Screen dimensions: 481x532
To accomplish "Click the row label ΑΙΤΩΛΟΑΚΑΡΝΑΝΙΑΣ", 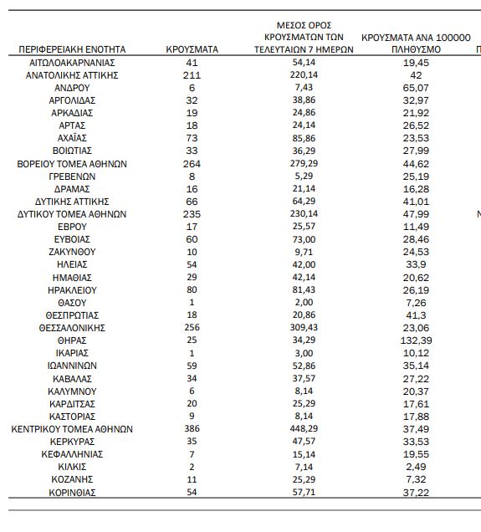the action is [x=72, y=63].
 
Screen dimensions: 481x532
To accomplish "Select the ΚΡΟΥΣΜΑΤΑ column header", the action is [x=192, y=49].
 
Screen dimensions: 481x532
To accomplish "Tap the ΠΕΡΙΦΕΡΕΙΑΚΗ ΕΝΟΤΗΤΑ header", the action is [x=72, y=49].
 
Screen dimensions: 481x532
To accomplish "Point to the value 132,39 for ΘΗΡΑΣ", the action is [x=416, y=340].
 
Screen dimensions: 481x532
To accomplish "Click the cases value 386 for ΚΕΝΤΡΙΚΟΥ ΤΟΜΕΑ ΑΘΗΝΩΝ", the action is [x=192, y=428].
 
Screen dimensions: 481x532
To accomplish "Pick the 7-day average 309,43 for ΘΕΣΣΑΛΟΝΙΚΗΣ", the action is [x=304, y=328].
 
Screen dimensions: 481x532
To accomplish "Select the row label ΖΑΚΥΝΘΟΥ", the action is [x=72, y=252].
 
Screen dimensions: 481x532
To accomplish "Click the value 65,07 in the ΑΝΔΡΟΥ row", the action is [x=416, y=88].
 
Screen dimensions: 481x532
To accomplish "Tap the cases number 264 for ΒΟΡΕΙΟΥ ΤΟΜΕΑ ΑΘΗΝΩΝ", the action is [x=192, y=164].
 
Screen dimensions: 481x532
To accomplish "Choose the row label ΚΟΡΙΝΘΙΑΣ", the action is [x=72, y=493].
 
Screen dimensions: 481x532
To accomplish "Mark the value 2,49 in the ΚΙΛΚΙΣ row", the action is [x=416, y=467].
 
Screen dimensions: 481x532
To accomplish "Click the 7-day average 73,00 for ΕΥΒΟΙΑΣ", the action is [x=304, y=239].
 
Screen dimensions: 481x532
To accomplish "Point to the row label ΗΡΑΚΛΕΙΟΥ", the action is [x=72, y=290].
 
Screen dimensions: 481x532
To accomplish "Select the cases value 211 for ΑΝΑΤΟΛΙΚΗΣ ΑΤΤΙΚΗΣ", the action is [x=192, y=75].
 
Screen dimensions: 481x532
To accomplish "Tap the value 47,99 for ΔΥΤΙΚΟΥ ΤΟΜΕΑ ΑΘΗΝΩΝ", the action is [x=416, y=214].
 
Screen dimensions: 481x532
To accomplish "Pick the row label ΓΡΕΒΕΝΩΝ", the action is [x=72, y=176].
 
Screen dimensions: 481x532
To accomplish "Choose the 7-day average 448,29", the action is [x=304, y=428].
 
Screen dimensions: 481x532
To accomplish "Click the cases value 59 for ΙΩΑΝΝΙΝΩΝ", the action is [x=192, y=366].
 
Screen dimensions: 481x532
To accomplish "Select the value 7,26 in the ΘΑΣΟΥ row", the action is [x=416, y=303].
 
